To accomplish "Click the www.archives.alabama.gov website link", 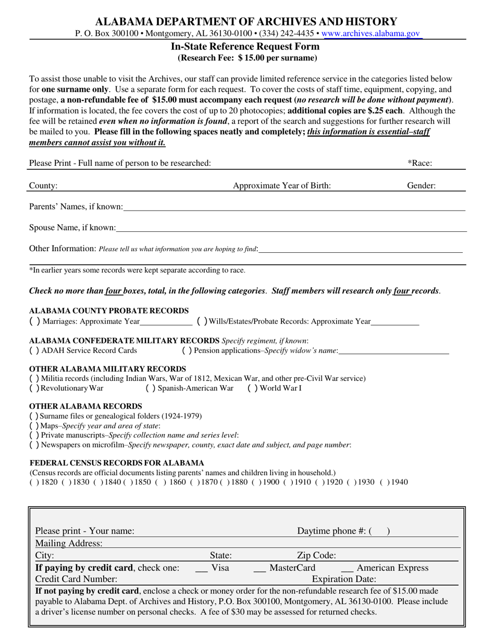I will (x=371, y=33).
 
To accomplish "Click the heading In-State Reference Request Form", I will (x=245, y=46).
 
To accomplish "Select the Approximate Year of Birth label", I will (x=281, y=185).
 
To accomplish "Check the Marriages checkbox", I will (x=34, y=321).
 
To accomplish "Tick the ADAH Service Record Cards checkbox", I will (x=34, y=350).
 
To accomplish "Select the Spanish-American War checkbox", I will (x=150, y=388).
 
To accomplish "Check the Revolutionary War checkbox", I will (x=34, y=388).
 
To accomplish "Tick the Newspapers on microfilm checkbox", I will (x=34, y=445).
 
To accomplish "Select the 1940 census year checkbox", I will (x=385, y=482).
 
